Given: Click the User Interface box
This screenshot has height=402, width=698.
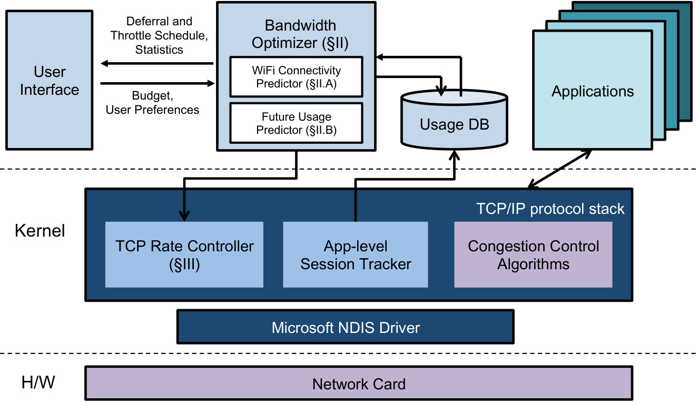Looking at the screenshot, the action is point(49,80).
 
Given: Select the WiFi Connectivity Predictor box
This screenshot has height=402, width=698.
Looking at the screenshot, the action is point(296,77).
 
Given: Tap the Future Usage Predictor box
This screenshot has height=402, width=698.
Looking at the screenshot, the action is point(296,123).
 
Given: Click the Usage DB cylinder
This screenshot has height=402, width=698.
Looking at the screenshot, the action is point(454,120).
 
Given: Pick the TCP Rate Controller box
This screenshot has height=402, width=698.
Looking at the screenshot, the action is point(184,254).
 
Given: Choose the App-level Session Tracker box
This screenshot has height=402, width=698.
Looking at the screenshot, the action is point(355,254).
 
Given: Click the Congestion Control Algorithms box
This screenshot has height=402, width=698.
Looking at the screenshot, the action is point(533,254).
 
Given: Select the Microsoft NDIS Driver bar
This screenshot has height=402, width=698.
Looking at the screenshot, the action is point(345,327).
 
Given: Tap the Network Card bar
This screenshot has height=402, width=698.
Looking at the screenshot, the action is point(359,384).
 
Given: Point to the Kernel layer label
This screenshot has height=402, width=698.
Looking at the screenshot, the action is point(40,231).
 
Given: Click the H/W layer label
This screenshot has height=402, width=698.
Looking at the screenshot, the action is point(38,382).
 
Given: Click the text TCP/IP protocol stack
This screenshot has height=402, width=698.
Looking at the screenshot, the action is point(550,209).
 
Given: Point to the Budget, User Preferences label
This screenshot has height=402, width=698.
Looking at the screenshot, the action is point(152,103).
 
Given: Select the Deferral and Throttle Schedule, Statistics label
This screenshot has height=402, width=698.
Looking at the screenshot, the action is point(159,35).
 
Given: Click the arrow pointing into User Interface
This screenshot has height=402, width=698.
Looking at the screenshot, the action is point(157,64).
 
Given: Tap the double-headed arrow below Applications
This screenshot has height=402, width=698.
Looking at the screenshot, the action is point(559,169).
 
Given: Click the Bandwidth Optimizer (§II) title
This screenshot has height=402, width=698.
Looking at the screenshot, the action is point(300,34).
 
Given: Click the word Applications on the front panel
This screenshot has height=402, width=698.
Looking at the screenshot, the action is point(593,92).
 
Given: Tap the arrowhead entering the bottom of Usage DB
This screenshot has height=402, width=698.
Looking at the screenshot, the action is point(454,155).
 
